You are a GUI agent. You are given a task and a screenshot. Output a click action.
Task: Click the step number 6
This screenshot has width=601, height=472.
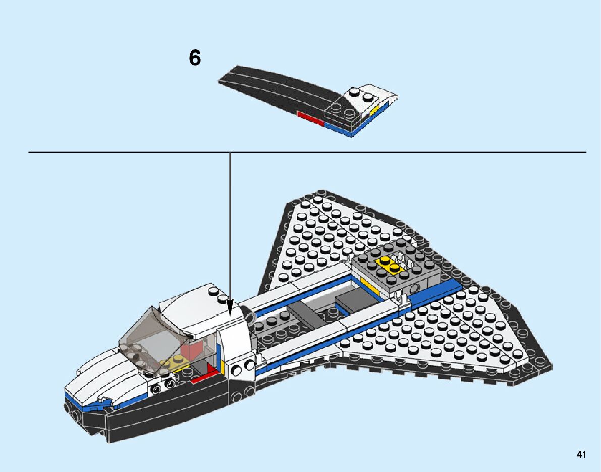(x=195, y=59)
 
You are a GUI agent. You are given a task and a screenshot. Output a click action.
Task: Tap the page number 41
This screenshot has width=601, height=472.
(x=581, y=455)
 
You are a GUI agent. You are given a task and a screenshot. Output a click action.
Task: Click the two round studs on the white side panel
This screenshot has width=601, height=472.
(x=242, y=368)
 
